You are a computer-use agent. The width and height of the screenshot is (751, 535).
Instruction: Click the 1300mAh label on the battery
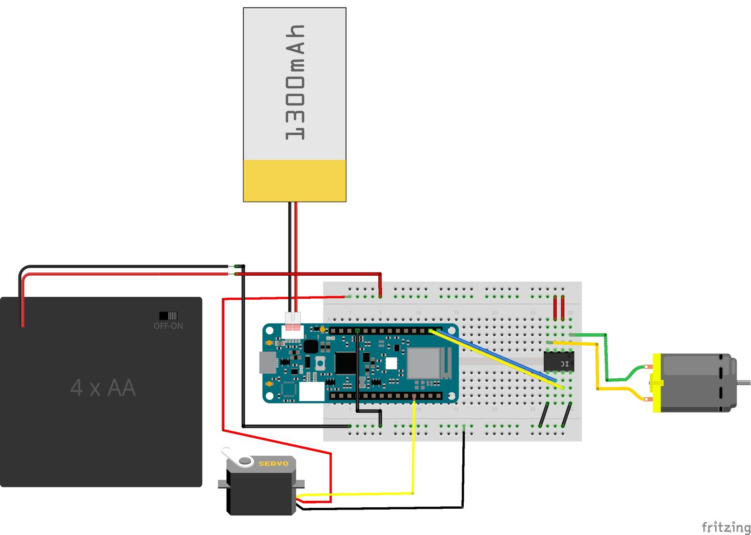[295, 83]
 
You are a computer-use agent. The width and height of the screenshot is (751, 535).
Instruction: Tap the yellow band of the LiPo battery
[294, 180]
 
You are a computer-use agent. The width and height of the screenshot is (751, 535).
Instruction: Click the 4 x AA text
[103, 388]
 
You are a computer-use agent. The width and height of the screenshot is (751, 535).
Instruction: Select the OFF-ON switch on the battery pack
[168, 316]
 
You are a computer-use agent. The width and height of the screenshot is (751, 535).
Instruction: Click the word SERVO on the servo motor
[273, 464]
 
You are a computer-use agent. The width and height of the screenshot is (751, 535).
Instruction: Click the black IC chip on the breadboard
[558, 361]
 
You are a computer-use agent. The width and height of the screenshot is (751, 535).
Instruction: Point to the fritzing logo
[726, 527]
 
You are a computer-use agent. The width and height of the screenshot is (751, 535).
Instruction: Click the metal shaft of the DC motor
[743, 382]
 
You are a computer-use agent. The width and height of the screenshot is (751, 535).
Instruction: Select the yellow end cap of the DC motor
[657, 383]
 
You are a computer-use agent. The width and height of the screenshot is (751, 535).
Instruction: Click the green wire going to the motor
[605, 357]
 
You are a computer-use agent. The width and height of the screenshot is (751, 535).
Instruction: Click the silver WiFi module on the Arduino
[423, 363]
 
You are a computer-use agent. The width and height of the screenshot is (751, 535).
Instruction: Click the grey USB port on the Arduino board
[267, 363]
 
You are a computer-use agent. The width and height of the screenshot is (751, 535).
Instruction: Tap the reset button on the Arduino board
[320, 362]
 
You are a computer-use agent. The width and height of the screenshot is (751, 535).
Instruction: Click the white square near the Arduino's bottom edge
[311, 391]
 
